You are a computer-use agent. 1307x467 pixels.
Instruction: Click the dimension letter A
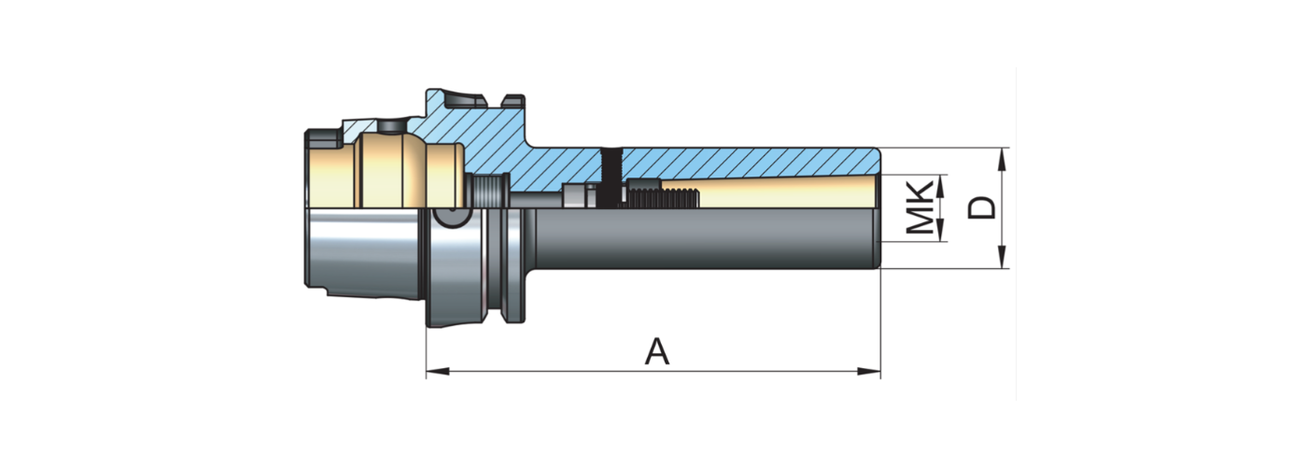pos(657,351)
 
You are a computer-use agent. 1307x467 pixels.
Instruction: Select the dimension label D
pos(982,207)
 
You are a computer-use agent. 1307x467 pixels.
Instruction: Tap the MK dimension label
pos(921,207)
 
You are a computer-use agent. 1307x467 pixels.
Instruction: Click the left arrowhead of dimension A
pos(438,371)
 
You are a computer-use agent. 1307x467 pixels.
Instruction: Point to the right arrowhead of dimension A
pos(869,371)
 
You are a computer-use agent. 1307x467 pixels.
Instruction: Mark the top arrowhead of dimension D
pos(1002,160)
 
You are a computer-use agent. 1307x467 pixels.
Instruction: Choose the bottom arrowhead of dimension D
pos(1002,258)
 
